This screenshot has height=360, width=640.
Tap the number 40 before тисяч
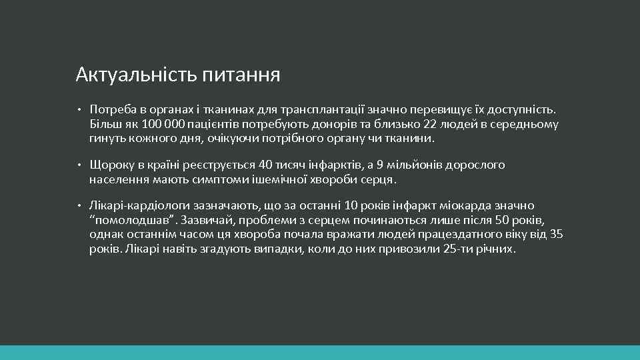265,165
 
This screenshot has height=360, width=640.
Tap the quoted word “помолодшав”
127,221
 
